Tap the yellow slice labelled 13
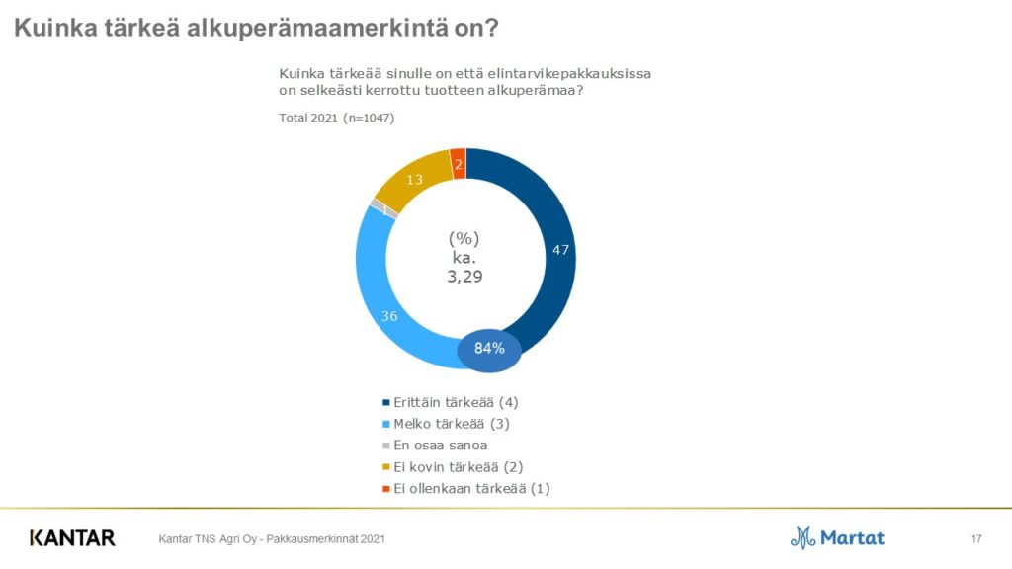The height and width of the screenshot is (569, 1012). tap(415, 180)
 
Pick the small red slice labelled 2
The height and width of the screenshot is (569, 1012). tap(458, 163)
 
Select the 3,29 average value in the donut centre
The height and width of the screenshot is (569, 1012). tap(464, 277)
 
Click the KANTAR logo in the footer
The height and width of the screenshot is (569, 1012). tap(72, 538)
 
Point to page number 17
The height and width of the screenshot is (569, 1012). tap(976, 538)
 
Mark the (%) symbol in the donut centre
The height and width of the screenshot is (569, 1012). tap(464, 238)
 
